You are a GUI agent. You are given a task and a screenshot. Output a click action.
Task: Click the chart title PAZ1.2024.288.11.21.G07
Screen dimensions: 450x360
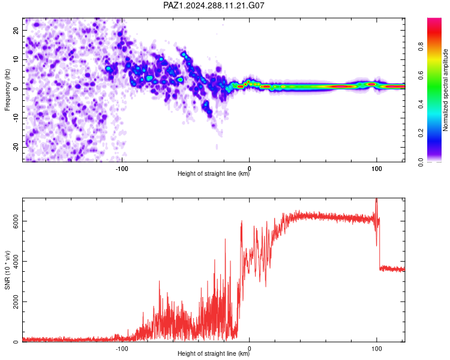pyautogui.click(x=214, y=5)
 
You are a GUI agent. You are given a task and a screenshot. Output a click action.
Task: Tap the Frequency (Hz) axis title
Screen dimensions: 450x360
pyautogui.click(x=7, y=90)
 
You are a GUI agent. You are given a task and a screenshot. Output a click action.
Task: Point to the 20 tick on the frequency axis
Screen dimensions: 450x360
pyautogui.click(x=16, y=30)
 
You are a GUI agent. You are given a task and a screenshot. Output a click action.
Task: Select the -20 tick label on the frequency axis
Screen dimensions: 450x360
pyautogui.click(x=16, y=147)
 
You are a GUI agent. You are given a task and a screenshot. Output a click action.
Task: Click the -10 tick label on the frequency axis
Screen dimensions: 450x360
pyautogui.click(x=16, y=118)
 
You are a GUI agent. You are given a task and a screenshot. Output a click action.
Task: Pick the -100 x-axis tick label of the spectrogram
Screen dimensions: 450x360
pyautogui.click(x=122, y=169)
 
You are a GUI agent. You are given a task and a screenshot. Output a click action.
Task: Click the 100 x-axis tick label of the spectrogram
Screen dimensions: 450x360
pyautogui.click(x=377, y=169)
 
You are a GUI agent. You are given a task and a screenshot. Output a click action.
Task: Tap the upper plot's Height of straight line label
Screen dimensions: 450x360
pyautogui.click(x=214, y=173)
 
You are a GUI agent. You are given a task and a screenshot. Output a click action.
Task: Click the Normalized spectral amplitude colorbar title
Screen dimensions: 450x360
pyautogui.click(x=445, y=90)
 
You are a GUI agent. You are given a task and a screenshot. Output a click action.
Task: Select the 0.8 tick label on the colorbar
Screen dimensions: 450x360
pyautogui.click(x=421, y=46)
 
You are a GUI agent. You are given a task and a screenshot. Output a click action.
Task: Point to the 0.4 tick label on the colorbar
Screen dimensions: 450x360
pyautogui.click(x=421, y=104)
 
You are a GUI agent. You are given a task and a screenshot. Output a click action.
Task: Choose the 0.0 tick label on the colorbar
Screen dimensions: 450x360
pyautogui.click(x=421, y=162)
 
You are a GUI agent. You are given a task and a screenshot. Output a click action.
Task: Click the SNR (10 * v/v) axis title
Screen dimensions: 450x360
pyautogui.click(x=7, y=270)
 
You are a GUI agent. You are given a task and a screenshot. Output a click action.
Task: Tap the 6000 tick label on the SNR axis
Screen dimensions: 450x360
pyautogui.click(x=16, y=221)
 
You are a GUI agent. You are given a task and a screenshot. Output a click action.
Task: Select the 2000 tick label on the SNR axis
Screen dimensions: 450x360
pyautogui.click(x=16, y=302)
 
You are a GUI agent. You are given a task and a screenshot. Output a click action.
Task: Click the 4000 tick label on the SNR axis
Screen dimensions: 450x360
pyautogui.click(x=16, y=261)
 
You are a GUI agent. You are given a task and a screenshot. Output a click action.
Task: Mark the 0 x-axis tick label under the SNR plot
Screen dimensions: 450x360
pyautogui.click(x=250, y=349)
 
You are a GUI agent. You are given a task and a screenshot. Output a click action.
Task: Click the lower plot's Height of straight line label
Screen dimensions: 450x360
pyautogui.click(x=214, y=353)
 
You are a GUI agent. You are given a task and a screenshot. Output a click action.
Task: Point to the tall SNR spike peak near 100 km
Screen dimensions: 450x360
pyautogui.click(x=376, y=199)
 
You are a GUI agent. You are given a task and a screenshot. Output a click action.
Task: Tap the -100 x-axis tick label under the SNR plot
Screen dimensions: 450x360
pyautogui.click(x=122, y=349)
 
